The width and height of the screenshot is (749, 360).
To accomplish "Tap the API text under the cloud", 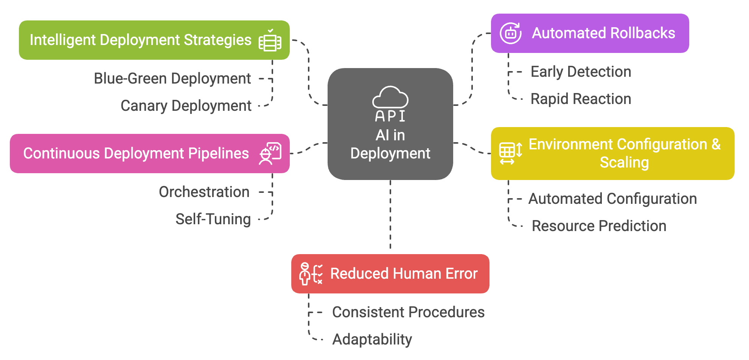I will coord(390,116).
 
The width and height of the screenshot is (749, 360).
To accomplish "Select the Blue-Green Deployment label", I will coord(172,79).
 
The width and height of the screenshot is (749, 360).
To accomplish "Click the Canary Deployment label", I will coord(186,106).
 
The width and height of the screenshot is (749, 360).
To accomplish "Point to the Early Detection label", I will coord(581,72).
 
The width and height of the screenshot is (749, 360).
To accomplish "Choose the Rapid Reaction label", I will coord(581,99).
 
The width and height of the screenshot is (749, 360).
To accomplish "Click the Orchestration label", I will coord(204,192).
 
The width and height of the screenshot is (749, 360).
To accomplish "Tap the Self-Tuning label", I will coord(213,219).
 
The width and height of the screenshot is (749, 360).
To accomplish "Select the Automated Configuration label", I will coord(612,199).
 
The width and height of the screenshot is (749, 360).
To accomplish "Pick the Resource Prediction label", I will coord(599,226).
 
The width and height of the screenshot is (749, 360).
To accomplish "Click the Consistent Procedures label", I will coord(408,312).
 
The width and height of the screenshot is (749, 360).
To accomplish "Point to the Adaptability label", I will coord(372,340).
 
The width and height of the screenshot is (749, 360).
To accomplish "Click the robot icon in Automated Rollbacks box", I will coord(511,33).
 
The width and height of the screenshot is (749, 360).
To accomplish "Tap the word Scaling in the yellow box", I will coord(624,163).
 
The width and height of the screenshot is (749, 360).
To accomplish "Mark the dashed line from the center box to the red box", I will coord(390,216).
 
